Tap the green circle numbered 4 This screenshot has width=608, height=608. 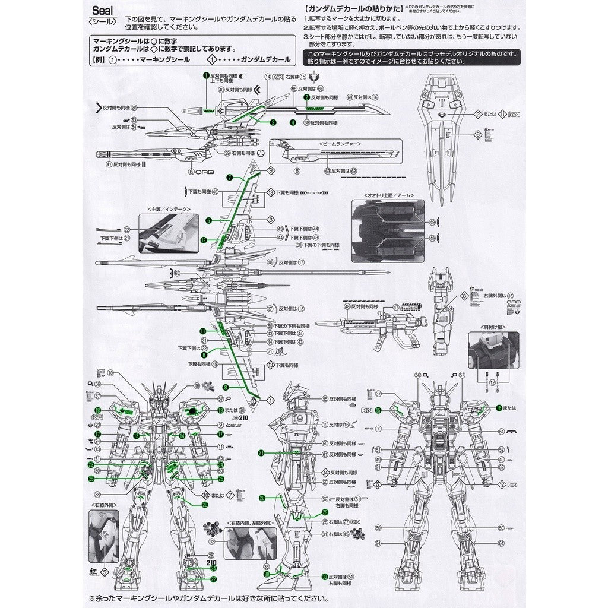293,123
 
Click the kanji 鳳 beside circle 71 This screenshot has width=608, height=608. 282,352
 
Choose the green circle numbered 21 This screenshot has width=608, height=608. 261,453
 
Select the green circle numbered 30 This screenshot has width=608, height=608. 267,574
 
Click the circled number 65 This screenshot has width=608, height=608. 176,273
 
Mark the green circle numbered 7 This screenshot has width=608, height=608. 229,178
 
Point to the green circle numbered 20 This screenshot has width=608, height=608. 205,505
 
